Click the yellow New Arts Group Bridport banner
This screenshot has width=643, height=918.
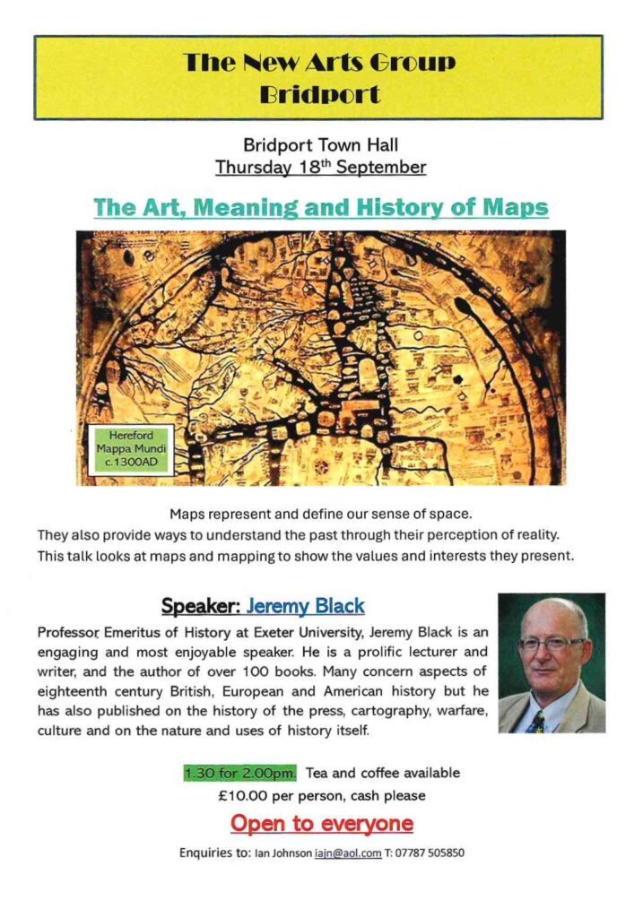[318, 77]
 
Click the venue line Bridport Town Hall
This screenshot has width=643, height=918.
[320, 144]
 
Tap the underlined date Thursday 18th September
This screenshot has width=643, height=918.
[320, 167]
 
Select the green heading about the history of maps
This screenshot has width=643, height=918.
[320, 208]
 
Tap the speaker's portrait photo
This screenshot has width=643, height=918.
[551, 663]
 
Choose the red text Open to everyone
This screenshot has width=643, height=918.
[321, 823]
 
